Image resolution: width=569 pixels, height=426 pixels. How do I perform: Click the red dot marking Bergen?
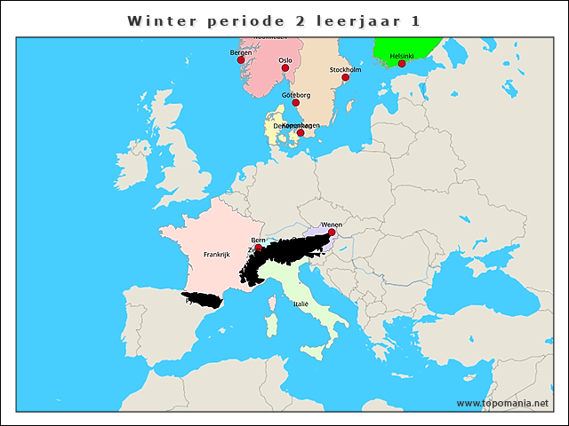point(240,60)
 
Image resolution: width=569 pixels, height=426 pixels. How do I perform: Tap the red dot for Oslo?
point(285,67)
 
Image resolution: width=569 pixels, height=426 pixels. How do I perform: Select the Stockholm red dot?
point(345,77)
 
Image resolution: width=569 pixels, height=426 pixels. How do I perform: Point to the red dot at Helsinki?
point(402,63)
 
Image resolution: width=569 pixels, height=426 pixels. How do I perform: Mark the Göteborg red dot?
point(296,103)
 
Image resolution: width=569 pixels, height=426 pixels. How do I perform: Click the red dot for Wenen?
point(332,233)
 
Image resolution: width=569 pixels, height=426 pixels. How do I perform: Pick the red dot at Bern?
point(259,248)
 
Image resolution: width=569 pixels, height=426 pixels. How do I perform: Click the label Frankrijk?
point(216,254)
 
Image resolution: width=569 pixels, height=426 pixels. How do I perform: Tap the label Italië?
point(301,304)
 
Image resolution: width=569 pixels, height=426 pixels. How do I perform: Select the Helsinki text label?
point(402,55)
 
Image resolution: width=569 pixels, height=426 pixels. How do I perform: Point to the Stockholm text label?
point(345,68)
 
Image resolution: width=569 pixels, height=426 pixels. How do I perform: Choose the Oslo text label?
point(285,59)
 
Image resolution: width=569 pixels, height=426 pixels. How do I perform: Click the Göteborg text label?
point(295,94)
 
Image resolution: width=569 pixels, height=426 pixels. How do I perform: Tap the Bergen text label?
point(240,52)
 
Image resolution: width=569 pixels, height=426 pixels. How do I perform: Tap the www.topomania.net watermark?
point(502,403)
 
